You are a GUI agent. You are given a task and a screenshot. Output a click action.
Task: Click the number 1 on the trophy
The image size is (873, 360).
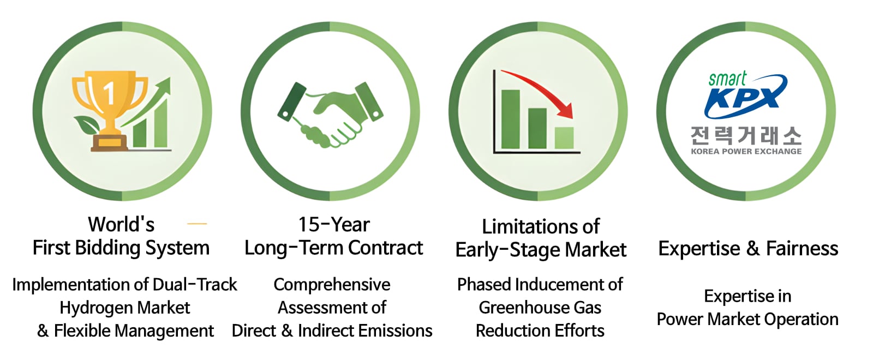[109, 93]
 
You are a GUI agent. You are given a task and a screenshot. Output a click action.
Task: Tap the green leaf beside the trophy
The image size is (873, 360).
[86, 125]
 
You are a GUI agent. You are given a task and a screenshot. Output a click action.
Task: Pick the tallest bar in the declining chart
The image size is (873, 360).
[511, 119]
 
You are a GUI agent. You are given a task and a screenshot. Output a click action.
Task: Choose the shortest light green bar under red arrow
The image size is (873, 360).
[564, 138]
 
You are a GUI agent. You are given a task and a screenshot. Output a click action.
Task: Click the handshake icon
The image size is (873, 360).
[331, 115]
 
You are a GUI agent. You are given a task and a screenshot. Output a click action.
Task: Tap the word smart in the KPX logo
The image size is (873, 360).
[727, 80]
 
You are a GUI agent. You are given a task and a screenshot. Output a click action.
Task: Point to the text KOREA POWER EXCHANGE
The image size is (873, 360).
[746, 152]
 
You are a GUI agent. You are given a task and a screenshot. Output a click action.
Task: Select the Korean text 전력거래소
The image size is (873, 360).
[746, 136]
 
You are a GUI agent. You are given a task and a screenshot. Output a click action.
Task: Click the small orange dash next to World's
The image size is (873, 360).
[197, 224]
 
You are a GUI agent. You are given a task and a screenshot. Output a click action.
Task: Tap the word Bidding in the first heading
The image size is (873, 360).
[109, 248]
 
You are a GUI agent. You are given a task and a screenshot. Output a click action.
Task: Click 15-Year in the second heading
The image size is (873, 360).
[334, 225]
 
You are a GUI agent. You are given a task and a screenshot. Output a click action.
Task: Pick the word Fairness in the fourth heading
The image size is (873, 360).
[802, 249]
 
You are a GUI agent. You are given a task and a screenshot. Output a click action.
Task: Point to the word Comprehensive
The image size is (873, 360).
[332, 285]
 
